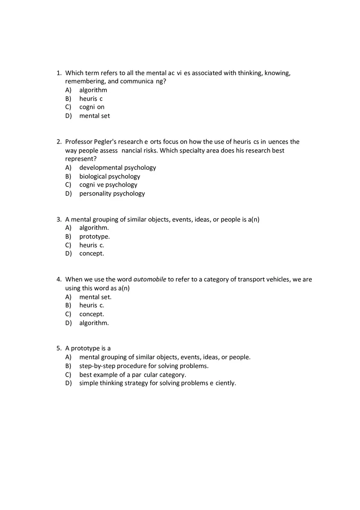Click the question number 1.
(x=59, y=73)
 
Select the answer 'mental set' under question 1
(x=94, y=116)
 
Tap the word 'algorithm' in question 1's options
(x=93, y=90)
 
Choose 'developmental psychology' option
(x=117, y=168)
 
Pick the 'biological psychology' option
(x=110, y=176)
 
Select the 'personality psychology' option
(x=112, y=193)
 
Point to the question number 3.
(x=59, y=220)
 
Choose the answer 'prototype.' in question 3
(x=94, y=236)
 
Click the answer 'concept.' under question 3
(x=92, y=254)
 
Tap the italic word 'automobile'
(x=150, y=280)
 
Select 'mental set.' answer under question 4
(x=95, y=297)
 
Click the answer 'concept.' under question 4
(x=92, y=314)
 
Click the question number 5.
(x=59, y=348)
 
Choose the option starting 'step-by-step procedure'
(x=144, y=366)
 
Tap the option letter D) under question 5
(x=68, y=383)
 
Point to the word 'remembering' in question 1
(x=83, y=81)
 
